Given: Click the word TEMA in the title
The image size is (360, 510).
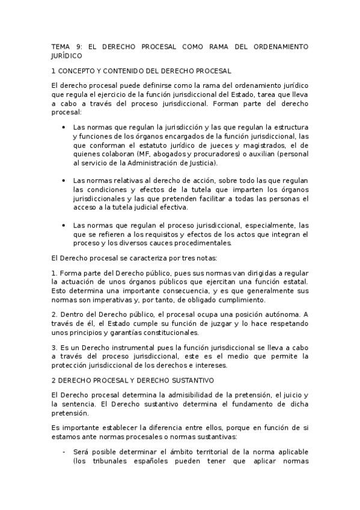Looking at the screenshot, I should pyautogui.click(x=61, y=46).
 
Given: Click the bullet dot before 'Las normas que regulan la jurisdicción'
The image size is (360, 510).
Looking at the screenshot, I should pyautogui.click(x=64, y=127).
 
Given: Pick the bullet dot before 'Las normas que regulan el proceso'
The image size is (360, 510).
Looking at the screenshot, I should pyautogui.click(x=64, y=225).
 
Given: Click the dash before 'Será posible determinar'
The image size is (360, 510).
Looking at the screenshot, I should pyautogui.click(x=64, y=452).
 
